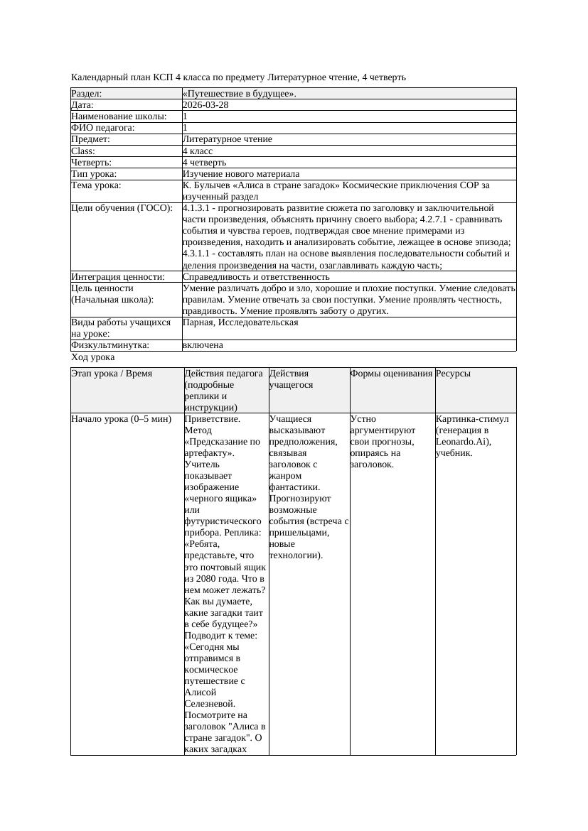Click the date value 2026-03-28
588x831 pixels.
click(205, 105)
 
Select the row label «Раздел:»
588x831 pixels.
click(87, 94)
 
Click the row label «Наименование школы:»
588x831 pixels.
click(119, 116)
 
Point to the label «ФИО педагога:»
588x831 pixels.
click(103, 128)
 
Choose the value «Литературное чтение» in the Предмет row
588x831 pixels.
click(227, 139)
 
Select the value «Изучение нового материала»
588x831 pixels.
click(241, 174)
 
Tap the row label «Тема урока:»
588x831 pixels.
click(97, 185)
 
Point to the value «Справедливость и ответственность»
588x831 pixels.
click(256, 277)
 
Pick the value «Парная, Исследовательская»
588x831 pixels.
click(240, 322)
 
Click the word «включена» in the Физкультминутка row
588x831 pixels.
click(203, 345)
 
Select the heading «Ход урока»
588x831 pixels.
click(92, 357)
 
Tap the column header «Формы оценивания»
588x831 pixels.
click(391, 374)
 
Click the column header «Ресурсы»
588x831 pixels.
click(453, 374)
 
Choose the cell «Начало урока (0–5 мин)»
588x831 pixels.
click(122, 419)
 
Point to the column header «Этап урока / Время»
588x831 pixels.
click(112, 374)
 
